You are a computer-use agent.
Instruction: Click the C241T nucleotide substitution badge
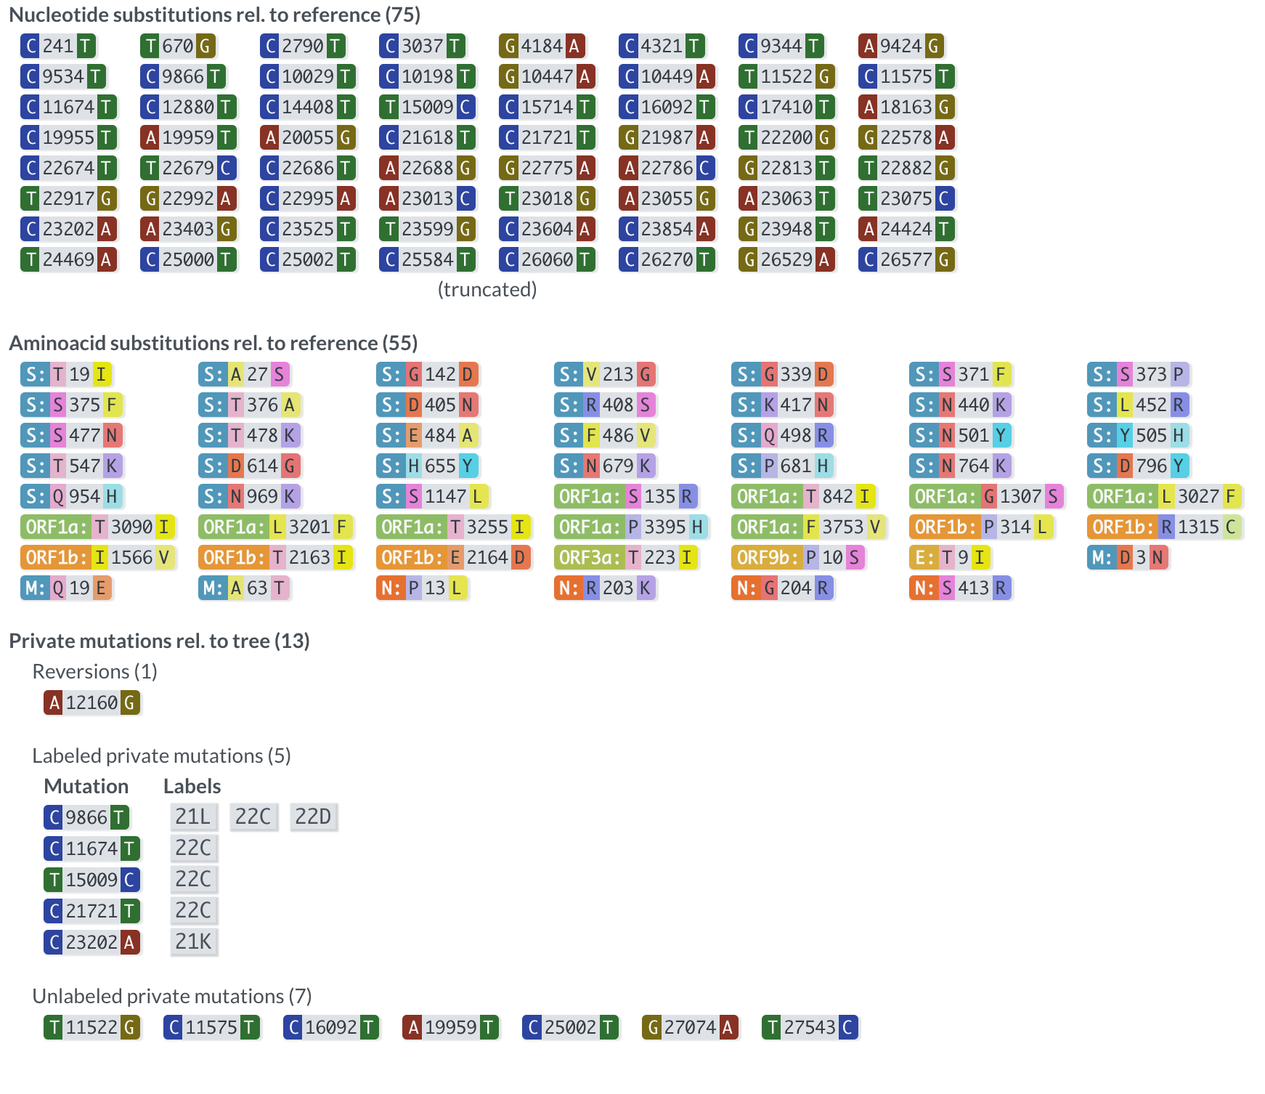tap(58, 46)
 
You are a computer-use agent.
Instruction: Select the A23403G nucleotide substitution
tap(188, 229)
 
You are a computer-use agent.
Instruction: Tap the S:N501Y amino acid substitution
tap(960, 435)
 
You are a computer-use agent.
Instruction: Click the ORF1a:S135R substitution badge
tap(626, 496)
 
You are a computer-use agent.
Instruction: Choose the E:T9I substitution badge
tap(950, 557)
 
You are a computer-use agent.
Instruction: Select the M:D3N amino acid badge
tap(1128, 557)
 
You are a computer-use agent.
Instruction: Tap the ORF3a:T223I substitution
tap(626, 557)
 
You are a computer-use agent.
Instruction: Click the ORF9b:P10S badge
tap(798, 557)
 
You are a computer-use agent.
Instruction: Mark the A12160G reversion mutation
tap(91, 702)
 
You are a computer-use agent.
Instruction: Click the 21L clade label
tap(193, 817)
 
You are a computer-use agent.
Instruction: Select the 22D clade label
tap(313, 817)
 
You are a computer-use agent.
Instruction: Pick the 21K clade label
tap(193, 941)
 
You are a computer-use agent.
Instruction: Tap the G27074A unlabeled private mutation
tap(690, 1027)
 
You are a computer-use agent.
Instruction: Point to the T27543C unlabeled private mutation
tap(810, 1027)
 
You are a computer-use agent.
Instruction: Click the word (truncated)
tap(487, 289)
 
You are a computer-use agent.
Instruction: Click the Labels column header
tap(192, 786)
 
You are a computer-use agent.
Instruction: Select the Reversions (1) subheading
tap(94, 671)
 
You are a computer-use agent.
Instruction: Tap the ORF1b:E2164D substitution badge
tap(454, 557)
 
